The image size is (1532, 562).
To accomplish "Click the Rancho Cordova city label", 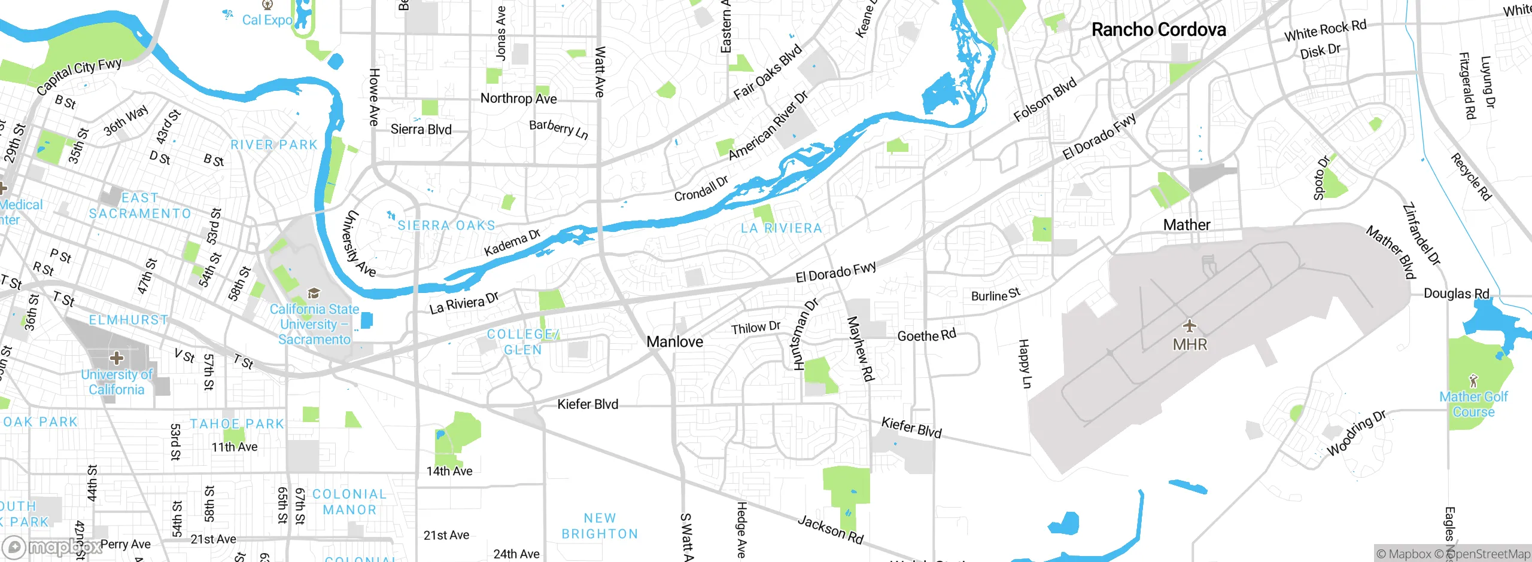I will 1159,30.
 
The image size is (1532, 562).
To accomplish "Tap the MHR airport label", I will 1190,345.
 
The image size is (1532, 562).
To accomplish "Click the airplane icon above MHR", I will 1190,326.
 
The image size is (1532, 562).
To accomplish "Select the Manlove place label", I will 674,342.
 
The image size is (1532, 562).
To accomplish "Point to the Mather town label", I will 1186,225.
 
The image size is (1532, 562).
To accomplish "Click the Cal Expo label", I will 267,20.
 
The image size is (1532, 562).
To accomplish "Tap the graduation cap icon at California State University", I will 314,293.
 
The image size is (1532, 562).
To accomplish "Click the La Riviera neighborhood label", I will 781,228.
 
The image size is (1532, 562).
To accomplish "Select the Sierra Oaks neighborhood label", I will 446,225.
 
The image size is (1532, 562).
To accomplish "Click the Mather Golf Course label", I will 1473,405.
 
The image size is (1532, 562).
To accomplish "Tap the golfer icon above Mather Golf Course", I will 1473,380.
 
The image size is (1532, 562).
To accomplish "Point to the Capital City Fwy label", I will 78,76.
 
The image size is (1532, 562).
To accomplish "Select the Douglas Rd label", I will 1456,294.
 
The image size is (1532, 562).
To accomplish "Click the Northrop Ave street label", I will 518,99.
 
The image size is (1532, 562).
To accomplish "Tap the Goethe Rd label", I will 926,335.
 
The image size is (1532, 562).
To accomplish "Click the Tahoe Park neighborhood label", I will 237,424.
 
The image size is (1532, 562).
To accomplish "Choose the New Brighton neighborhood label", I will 600,526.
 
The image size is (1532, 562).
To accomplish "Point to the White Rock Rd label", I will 1325,30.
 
